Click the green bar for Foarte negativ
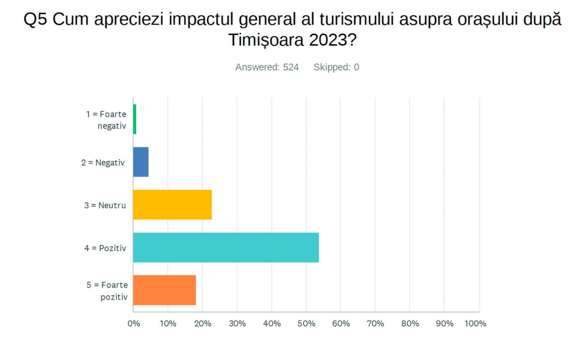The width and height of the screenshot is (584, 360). (134, 119)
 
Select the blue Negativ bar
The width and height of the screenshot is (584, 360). (141, 162)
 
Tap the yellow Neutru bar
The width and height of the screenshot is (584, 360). (172, 205)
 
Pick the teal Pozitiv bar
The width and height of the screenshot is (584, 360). (226, 247)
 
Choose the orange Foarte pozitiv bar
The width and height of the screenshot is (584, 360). (164, 290)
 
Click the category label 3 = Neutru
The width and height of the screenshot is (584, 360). (105, 205)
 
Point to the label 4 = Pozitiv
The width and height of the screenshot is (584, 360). (105, 248)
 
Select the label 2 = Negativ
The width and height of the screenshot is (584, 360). (103, 162)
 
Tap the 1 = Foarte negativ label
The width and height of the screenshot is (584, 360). (106, 120)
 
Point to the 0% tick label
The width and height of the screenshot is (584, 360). (133, 323)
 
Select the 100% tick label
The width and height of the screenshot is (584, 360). (475, 323)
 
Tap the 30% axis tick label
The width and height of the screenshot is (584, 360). (237, 323)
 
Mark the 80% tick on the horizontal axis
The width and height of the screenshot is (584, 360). (410, 323)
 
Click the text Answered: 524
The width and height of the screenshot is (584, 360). (267, 67)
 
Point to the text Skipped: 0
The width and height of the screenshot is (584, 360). (336, 67)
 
